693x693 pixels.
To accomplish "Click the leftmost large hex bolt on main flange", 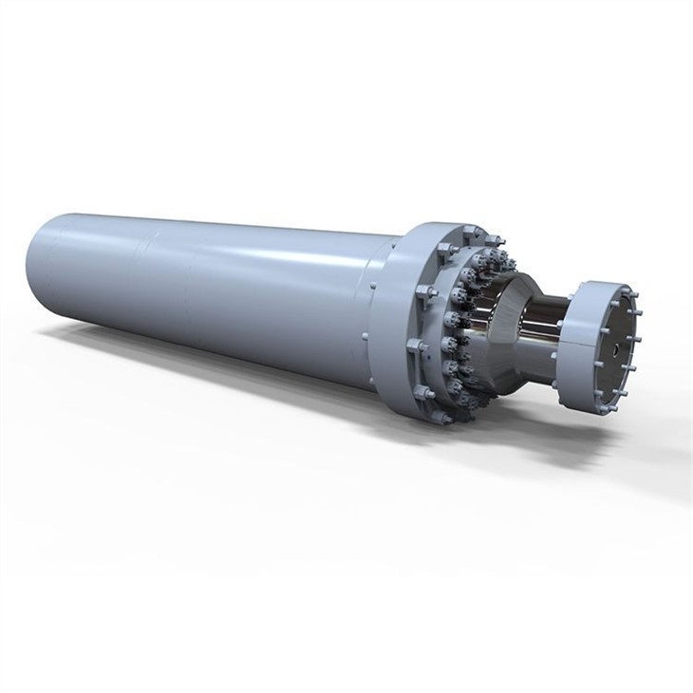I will pyautogui.click(x=414, y=346).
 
